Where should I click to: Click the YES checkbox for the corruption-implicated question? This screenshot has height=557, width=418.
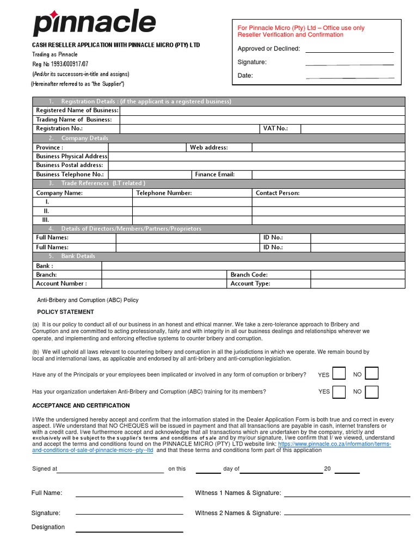click(339, 374)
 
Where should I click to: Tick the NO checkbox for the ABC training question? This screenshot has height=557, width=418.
click(372, 392)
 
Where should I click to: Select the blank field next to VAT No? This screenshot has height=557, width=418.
click(353, 128)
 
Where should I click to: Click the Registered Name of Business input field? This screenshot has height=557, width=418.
click(262, 110)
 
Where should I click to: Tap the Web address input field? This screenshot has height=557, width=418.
click(328, 147)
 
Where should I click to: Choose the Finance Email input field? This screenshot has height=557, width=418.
click(328, 175)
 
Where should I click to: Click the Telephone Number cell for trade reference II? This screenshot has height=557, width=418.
click(192, 211)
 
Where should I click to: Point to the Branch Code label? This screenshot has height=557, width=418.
click(249, 275)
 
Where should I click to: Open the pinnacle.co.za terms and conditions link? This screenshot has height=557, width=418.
click(334, 444)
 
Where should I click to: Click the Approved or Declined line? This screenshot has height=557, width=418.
click(349, 49)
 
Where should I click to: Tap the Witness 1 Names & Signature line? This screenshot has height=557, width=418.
click(347, 494)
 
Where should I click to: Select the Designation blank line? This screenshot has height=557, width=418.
click(129, 529)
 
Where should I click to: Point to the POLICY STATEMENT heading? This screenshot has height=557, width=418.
click(65, 312)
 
